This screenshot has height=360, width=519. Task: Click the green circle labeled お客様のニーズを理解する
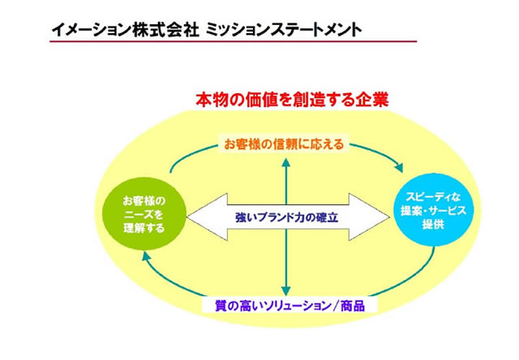pos(144,213)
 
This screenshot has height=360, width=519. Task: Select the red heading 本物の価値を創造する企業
pos(292,101)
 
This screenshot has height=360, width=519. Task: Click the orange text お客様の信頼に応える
pos(285,144)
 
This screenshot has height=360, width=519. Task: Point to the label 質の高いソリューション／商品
pos(289,306)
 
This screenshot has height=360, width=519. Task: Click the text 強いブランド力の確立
pos(286,218)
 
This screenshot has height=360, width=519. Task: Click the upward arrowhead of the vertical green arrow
pos(285,161)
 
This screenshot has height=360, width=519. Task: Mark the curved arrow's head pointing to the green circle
pos(145,257)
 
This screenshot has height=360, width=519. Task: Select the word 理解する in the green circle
pos(144,229)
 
